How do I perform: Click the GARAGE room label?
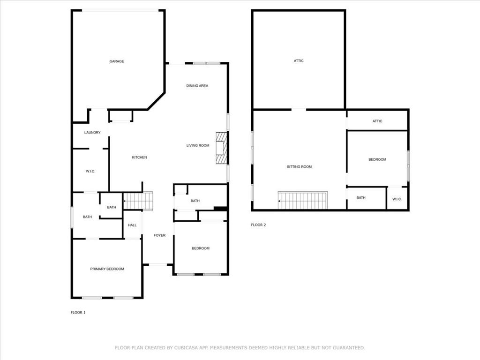(117, 61)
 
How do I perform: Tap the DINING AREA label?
(197, 86)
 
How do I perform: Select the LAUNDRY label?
(92, 133)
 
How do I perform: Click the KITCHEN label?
(139, 157)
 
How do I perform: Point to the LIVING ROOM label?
(198, 146)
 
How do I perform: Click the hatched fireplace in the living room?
(221, 149)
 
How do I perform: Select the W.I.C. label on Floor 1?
(90, 172)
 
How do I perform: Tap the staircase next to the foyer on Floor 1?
(139, 201)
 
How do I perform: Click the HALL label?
(132, 225)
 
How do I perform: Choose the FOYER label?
(160, 235)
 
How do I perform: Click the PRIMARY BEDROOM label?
(107, 269)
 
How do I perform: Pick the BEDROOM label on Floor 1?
(201, 248)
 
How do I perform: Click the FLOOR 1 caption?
(78, 312)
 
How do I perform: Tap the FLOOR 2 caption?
(258, 225)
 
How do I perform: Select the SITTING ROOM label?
(299, 167)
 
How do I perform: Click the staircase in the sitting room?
(303, 201)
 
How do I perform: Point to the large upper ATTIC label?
(299, 61)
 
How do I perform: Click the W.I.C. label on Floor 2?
(397, 199)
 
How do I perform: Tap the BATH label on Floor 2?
(361, 198)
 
